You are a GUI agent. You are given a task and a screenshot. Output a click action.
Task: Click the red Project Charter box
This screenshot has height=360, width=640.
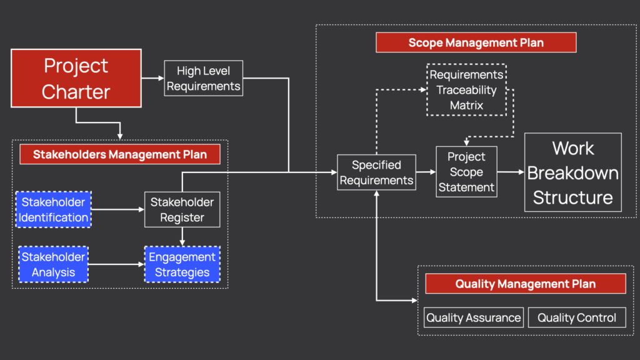76,79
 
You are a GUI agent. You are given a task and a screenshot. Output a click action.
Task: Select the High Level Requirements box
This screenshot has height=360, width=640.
203,78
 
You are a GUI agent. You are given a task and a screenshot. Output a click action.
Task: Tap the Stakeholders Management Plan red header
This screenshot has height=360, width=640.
119,154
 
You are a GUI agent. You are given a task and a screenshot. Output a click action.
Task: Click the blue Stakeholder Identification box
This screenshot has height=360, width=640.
54,209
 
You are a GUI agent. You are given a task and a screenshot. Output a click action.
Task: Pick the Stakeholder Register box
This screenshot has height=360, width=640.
182,209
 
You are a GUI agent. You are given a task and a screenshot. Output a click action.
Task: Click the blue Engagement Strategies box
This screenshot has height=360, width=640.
182,264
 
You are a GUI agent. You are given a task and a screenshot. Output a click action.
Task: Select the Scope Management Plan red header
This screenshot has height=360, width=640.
476,42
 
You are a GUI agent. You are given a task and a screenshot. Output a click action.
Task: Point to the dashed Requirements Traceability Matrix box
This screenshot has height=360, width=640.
466,90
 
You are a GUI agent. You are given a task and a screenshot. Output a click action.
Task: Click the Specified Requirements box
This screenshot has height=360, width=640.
376,172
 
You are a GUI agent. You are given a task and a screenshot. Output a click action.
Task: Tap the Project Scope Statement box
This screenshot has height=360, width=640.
466,172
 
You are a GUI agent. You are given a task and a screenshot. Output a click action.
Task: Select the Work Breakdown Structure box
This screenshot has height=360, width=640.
572,172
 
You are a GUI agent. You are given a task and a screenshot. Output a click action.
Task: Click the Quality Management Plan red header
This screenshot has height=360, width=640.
525,284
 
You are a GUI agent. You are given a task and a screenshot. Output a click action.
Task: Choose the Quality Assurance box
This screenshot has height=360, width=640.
473,317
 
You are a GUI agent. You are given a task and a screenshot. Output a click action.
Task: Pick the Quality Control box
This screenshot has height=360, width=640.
576,317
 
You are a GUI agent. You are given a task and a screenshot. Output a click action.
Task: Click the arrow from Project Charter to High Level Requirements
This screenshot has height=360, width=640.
152,78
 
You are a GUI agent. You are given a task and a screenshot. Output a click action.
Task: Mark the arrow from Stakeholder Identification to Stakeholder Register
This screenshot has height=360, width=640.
117,209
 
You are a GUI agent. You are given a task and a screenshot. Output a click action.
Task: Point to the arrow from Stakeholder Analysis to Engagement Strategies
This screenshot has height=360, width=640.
116,264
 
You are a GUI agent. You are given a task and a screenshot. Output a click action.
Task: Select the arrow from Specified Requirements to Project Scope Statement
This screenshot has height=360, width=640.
426,172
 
